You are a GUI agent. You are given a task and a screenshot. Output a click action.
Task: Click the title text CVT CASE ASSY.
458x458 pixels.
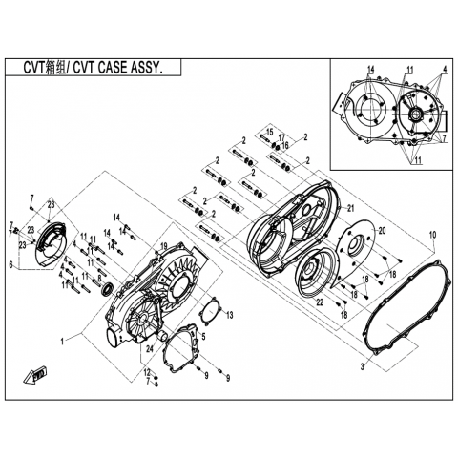pyautogui.click(x=116, y=68)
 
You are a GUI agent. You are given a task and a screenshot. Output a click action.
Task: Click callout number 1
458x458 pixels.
pyautogui.click(x=63, y=342)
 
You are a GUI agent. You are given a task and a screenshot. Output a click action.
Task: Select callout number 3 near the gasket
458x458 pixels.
pyautogui.click(x=362, y=366)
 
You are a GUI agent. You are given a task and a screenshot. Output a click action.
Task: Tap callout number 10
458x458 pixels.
pyautogui.click(x=433, y=235)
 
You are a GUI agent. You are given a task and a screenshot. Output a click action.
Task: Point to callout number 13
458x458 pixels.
pyautogui.click(x=229, y=315)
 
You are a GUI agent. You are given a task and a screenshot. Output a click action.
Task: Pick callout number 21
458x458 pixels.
pyautogui.click(x=350, y=208)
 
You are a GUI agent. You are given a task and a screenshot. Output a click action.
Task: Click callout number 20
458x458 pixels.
pyautogui.click(x=382, y=230)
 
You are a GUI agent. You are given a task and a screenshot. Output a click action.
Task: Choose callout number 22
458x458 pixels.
pyautogui.click(x=320, y=302)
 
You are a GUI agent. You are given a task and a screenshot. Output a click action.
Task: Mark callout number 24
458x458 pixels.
pyautogui.click(x=150, y=348)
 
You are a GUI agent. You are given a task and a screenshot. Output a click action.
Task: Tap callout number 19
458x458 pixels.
pyautogui.click(x=163, y=246)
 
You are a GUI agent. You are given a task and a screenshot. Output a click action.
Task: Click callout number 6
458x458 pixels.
pyautogui.click(x=11, y=264)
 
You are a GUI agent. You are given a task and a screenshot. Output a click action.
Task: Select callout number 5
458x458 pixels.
pyautogui.click(x=204, y=335)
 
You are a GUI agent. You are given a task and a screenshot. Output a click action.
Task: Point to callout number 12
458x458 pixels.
pyautogui.click(x=147, y=371)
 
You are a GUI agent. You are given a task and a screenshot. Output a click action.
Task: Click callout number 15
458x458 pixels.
pyautogui.click(x=269, y=132)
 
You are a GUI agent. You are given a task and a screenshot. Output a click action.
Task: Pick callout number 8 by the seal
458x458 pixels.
pyautogui.click(x=99, y=277)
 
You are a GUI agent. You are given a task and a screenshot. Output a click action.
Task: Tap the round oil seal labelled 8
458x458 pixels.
pyautogui.click(x=107, y=289)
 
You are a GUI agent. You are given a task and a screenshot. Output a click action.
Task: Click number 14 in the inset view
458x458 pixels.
pyautogui.click(x=371, y=70)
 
